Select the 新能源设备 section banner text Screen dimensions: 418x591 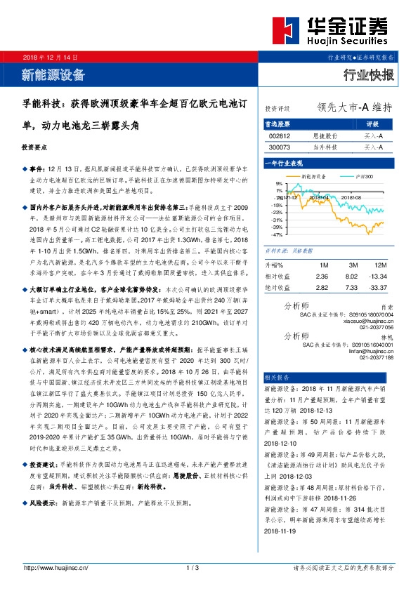(x=53, y=74)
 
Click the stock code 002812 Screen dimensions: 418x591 (x=280, y=135)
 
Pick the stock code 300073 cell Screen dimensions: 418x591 (x=280, y=147)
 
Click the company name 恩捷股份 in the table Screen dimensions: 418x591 (x=325, y=135)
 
